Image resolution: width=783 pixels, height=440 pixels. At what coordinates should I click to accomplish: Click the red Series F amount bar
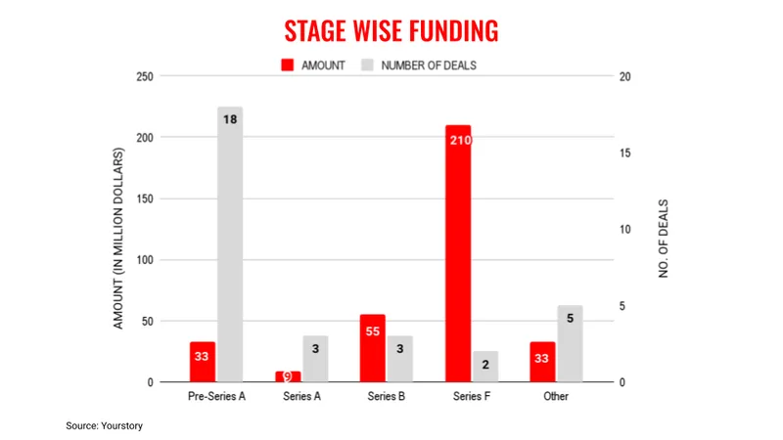pyautogui.click(x=458, y=254)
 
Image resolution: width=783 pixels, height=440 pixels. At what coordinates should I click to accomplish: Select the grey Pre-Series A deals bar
pyautogui.click(x=229, y=244)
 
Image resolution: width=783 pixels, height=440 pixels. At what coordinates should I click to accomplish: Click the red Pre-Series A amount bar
pyautogui.click(x=203, y=362)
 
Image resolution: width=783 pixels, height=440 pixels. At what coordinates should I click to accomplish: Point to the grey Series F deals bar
pyautogui.click(x=484, y=367)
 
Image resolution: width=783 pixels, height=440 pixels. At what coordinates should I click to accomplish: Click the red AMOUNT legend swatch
pyautogui.click(x=289, y=66)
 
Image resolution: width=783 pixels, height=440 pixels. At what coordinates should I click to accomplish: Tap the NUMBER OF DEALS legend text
pyautogui.click(x=429, y=66)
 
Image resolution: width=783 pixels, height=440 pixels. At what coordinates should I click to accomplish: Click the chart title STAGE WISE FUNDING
pyautogui.click(x=391, y=31)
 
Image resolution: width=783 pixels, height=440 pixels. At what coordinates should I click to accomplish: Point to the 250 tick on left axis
pyautogui.click(x=144, y=76)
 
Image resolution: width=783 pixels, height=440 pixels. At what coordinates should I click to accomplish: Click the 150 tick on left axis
pyautogui.click(x=144, y=198)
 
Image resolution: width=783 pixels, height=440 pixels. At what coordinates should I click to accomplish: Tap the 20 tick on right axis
pyautogui.click(x=627, y=76)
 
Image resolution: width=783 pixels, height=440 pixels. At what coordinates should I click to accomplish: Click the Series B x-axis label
pyautogui.click(x=388, y=397)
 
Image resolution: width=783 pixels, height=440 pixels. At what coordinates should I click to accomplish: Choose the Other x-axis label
pyautogui.click(x=556, y=397)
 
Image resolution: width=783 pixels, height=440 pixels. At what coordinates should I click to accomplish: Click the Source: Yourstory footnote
pyautogui.click(x=105, y=426)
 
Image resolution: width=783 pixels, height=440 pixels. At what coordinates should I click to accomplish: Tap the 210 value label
pyautogui.click(x=458, y=140)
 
